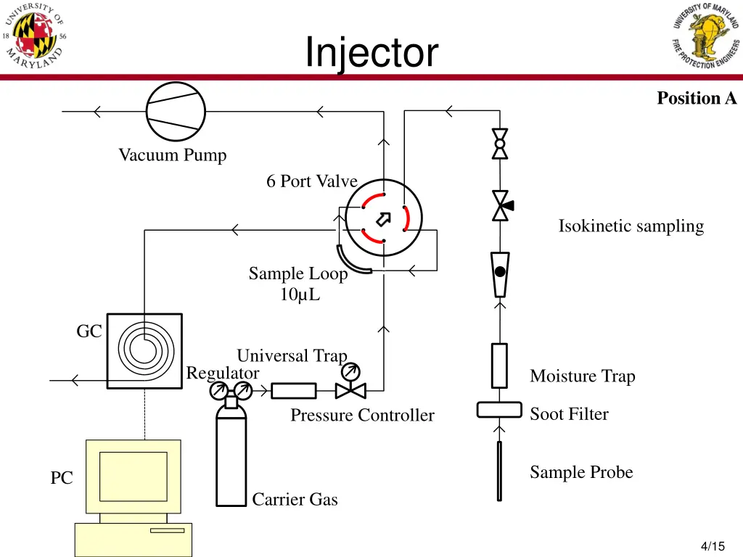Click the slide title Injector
(x=371, y=52)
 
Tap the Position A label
(x=696, y=98)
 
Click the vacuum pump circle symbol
(x=176, y=111)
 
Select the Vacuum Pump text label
(x=173, y=155)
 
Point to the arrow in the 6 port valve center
(x=383, y=218)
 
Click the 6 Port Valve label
(x=311, y=181)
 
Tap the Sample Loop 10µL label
(x=298, y=284)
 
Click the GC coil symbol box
(x=144, y=351)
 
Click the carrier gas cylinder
(x=231, y=457)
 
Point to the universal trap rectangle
(x=294, y=391)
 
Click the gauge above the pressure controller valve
(x=351, y=372)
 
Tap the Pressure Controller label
(x=362, y=416)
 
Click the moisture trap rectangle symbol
(x=499, y=366)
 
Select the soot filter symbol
(x=499, y=410)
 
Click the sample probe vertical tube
(x=499, y=471)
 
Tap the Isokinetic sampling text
(x=631, y=226)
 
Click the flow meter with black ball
(x=500, y=273)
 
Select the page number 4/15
(x=713, y=545)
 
